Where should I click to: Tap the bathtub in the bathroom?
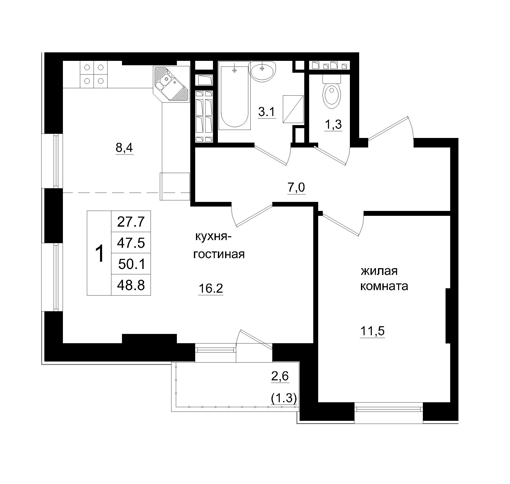pos(234,95)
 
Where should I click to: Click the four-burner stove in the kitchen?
pos(94,74)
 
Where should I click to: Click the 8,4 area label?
pos(124,148)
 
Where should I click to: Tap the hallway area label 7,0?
pos(296,187)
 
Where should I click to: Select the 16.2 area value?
pos(210,288)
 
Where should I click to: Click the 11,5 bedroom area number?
pos(372,331)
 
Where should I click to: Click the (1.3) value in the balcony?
pos(284,398)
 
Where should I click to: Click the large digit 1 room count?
pos(99,253)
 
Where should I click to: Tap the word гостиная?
pos(219,255)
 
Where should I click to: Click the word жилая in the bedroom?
pos(379,271)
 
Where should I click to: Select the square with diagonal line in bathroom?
pos(293,109)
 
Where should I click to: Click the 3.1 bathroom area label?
pos(267,112)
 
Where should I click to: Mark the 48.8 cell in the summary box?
pos(131,285)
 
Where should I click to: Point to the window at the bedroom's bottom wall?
pos(389,409)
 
